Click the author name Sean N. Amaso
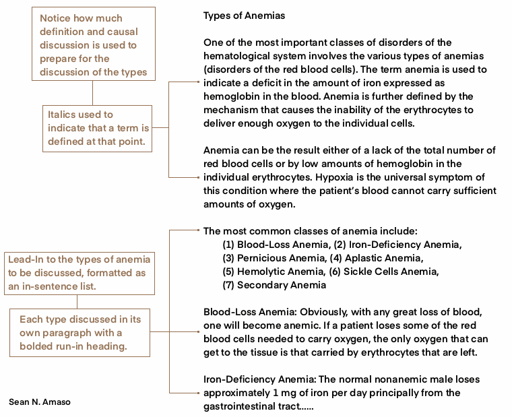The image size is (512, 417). tap(40, 402)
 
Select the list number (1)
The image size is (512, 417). tap(228, 245)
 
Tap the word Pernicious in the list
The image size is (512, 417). tap(262, 258)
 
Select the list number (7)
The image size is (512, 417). tap(228, 285)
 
